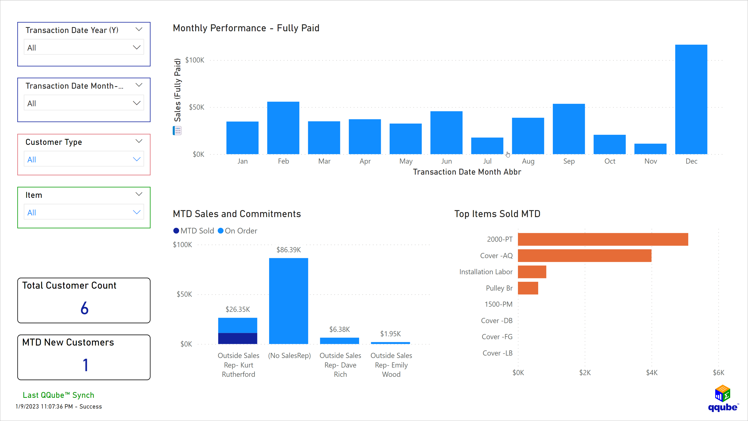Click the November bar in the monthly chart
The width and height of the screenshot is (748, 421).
pos(650,149)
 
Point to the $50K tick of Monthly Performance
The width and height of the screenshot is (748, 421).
pos(196,107)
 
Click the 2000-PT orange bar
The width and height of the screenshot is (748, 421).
pos(603,239)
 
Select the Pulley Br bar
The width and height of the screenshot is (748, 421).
pos(528,288)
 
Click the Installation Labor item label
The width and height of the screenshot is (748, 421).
pos(485,272)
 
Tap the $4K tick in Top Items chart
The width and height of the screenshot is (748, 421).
pos(651,372)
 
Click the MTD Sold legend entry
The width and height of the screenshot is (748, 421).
pos(194,231)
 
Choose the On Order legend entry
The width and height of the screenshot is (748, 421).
pos(238,231)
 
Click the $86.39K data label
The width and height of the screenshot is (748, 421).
pos(288,250)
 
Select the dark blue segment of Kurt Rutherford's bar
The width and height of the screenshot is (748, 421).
pos(238,338)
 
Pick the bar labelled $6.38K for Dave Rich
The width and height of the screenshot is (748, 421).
pos(339,341)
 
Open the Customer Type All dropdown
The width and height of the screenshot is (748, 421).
pos(84,159)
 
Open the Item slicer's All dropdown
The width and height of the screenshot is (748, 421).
pos(84,212)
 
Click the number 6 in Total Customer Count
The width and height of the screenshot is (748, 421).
pos(84,308)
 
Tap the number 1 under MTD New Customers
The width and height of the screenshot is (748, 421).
pos(85,365)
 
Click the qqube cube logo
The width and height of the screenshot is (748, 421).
pos(722,393)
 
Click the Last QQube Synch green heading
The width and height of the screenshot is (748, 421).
pos(58,395)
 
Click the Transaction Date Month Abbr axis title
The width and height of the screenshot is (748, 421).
pos(467,172)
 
